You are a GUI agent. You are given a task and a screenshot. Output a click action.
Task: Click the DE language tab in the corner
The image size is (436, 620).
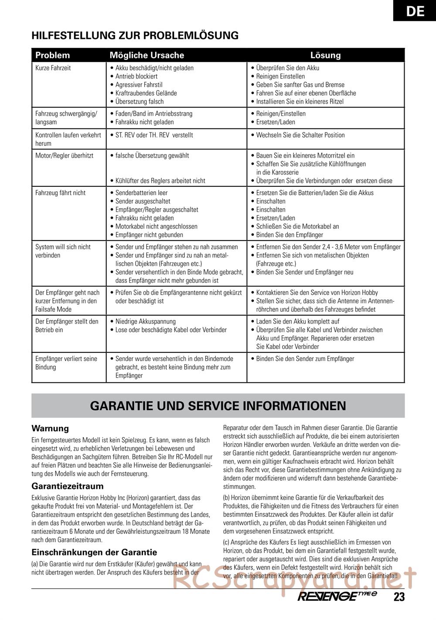tap(415, 10)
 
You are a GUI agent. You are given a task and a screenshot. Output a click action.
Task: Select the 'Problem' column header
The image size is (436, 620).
tap(52, 55)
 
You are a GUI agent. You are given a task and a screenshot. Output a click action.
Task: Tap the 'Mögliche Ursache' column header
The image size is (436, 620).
tap(146, 55)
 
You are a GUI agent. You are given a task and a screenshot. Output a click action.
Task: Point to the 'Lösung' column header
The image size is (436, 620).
tap(325, 55)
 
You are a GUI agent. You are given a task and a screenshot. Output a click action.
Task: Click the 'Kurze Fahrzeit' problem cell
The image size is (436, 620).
tap(53, 68)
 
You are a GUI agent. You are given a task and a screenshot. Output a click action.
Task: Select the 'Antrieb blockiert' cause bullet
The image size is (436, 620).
tap(136, 76)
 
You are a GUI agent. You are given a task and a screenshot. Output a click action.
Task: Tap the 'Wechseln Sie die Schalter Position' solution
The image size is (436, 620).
tap(300, 135)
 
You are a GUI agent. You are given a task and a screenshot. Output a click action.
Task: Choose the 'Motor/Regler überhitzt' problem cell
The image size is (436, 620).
tap(64, 156)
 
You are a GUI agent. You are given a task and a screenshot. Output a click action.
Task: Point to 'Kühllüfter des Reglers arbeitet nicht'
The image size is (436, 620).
tap(160, 181)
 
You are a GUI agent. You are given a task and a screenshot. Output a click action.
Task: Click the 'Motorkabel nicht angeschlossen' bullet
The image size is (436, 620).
tap(156, 227)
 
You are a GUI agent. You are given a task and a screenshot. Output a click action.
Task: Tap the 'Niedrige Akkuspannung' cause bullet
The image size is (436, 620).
tap(145, 322)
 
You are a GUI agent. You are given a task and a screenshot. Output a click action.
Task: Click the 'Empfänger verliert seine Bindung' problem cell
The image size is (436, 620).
tap(66, 363)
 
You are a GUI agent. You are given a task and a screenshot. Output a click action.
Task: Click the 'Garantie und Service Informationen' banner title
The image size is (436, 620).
tap(218, 406)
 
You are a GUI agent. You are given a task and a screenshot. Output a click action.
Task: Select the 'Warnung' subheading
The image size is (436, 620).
tap(50, 429)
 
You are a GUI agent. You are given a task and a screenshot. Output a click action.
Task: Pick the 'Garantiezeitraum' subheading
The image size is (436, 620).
tap(68, 486)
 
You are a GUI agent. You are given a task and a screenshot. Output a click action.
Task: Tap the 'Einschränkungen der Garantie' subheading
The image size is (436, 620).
tap(94, 552)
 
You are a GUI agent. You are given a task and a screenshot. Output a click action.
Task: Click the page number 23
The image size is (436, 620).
tap(399, 597)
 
